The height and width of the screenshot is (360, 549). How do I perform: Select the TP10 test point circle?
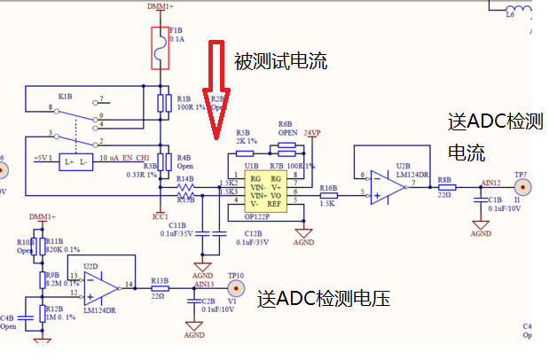tap(236, 289)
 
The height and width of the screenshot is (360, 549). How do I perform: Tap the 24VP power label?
tap(312, 132)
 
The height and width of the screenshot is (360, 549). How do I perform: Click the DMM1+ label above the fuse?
tap(161, 5)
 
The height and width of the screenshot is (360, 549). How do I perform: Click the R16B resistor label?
tap(328, 188)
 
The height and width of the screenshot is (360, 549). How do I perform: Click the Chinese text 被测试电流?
tap(280, 62)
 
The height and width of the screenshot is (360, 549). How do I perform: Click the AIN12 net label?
tap(490, 183)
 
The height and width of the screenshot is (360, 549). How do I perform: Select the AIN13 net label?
tap(203, 284)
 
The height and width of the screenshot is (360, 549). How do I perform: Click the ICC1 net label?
tap(161, 215)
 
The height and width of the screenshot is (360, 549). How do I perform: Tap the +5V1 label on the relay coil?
tap(43, 158)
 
